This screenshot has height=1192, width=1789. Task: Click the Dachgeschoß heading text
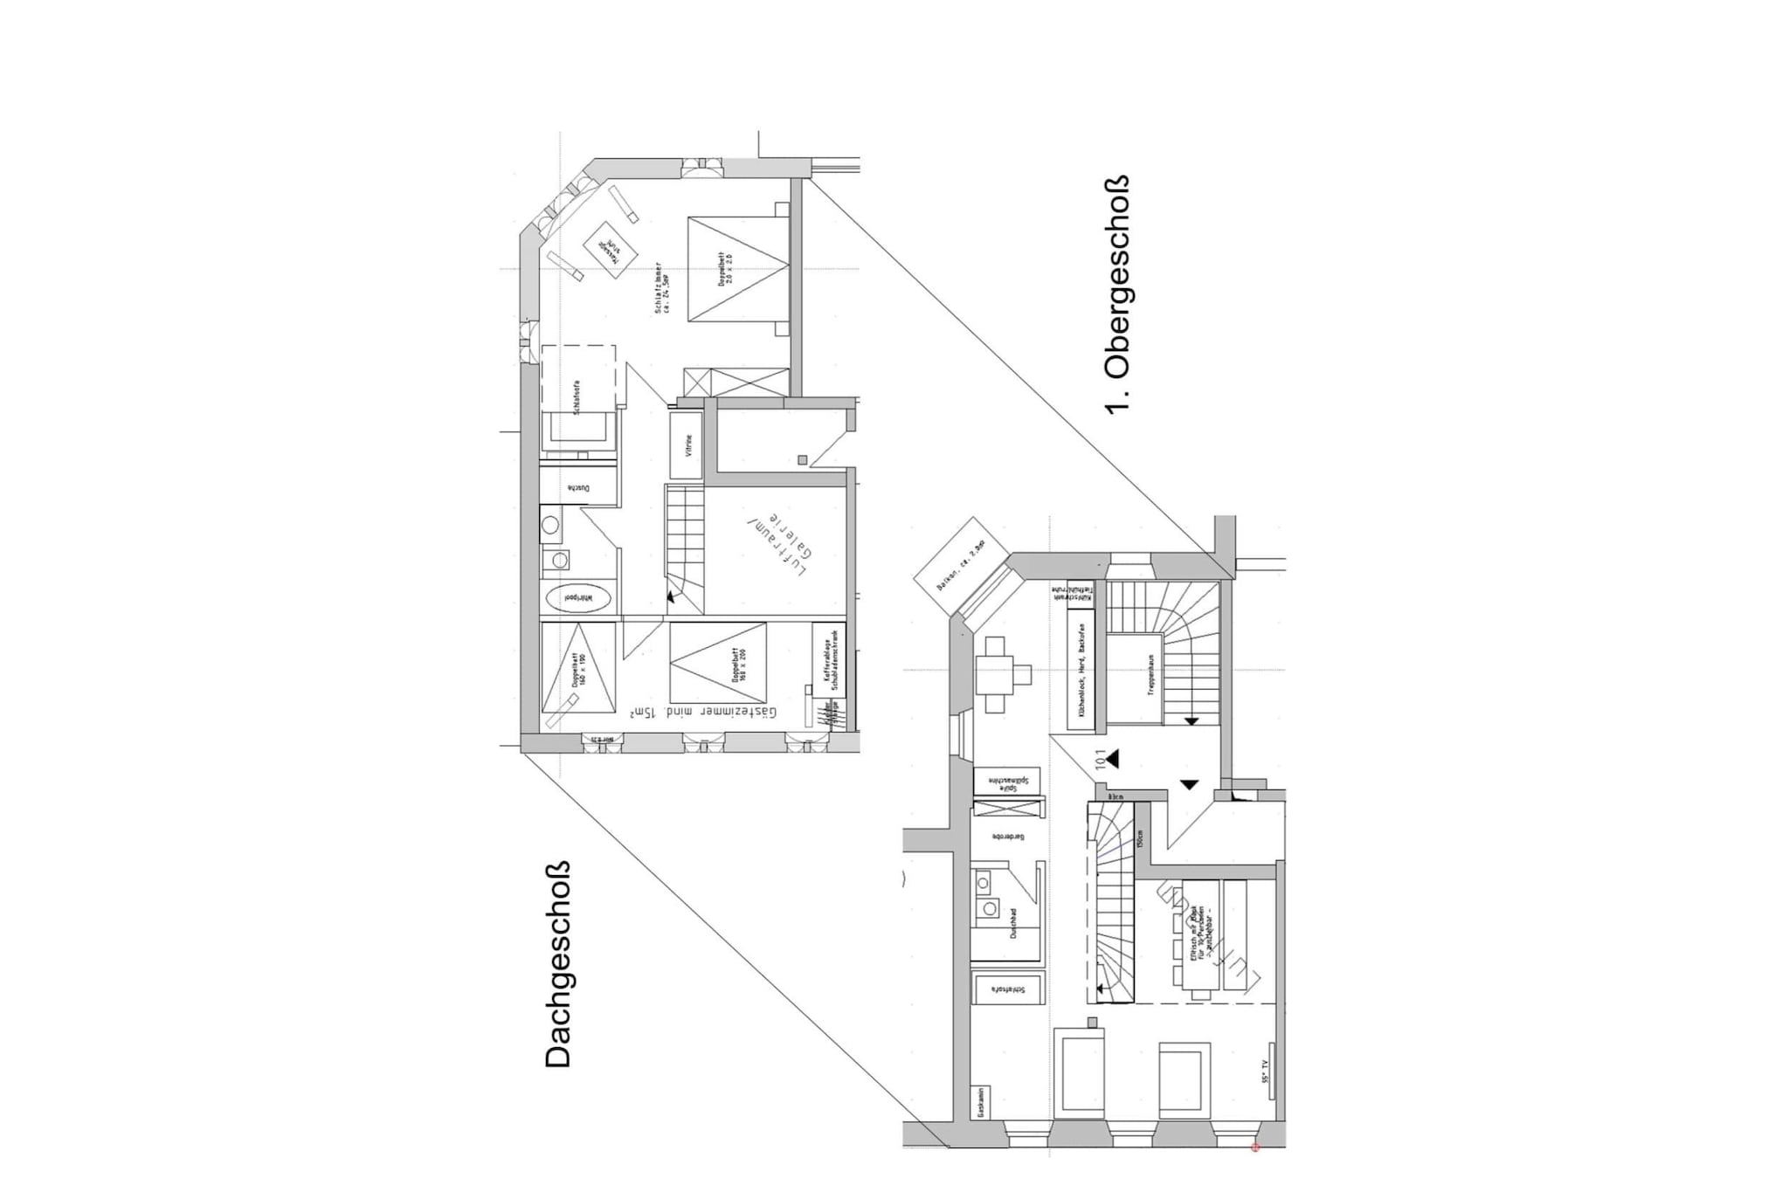tap(557, 964)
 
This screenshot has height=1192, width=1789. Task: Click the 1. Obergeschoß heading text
tap(1118, 294)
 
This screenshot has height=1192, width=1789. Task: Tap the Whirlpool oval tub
tap(577, 598)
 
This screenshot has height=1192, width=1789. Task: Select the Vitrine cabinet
tap(687, 445)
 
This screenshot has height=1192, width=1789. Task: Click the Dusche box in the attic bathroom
tap(579, 486)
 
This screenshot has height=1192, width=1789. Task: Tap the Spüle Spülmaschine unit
tap(1007, 782)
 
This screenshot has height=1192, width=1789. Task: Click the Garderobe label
tap(1007, 836)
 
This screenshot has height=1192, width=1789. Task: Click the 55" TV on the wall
tap(1269, 1084)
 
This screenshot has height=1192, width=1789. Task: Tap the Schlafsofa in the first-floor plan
tap(1009, 989)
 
